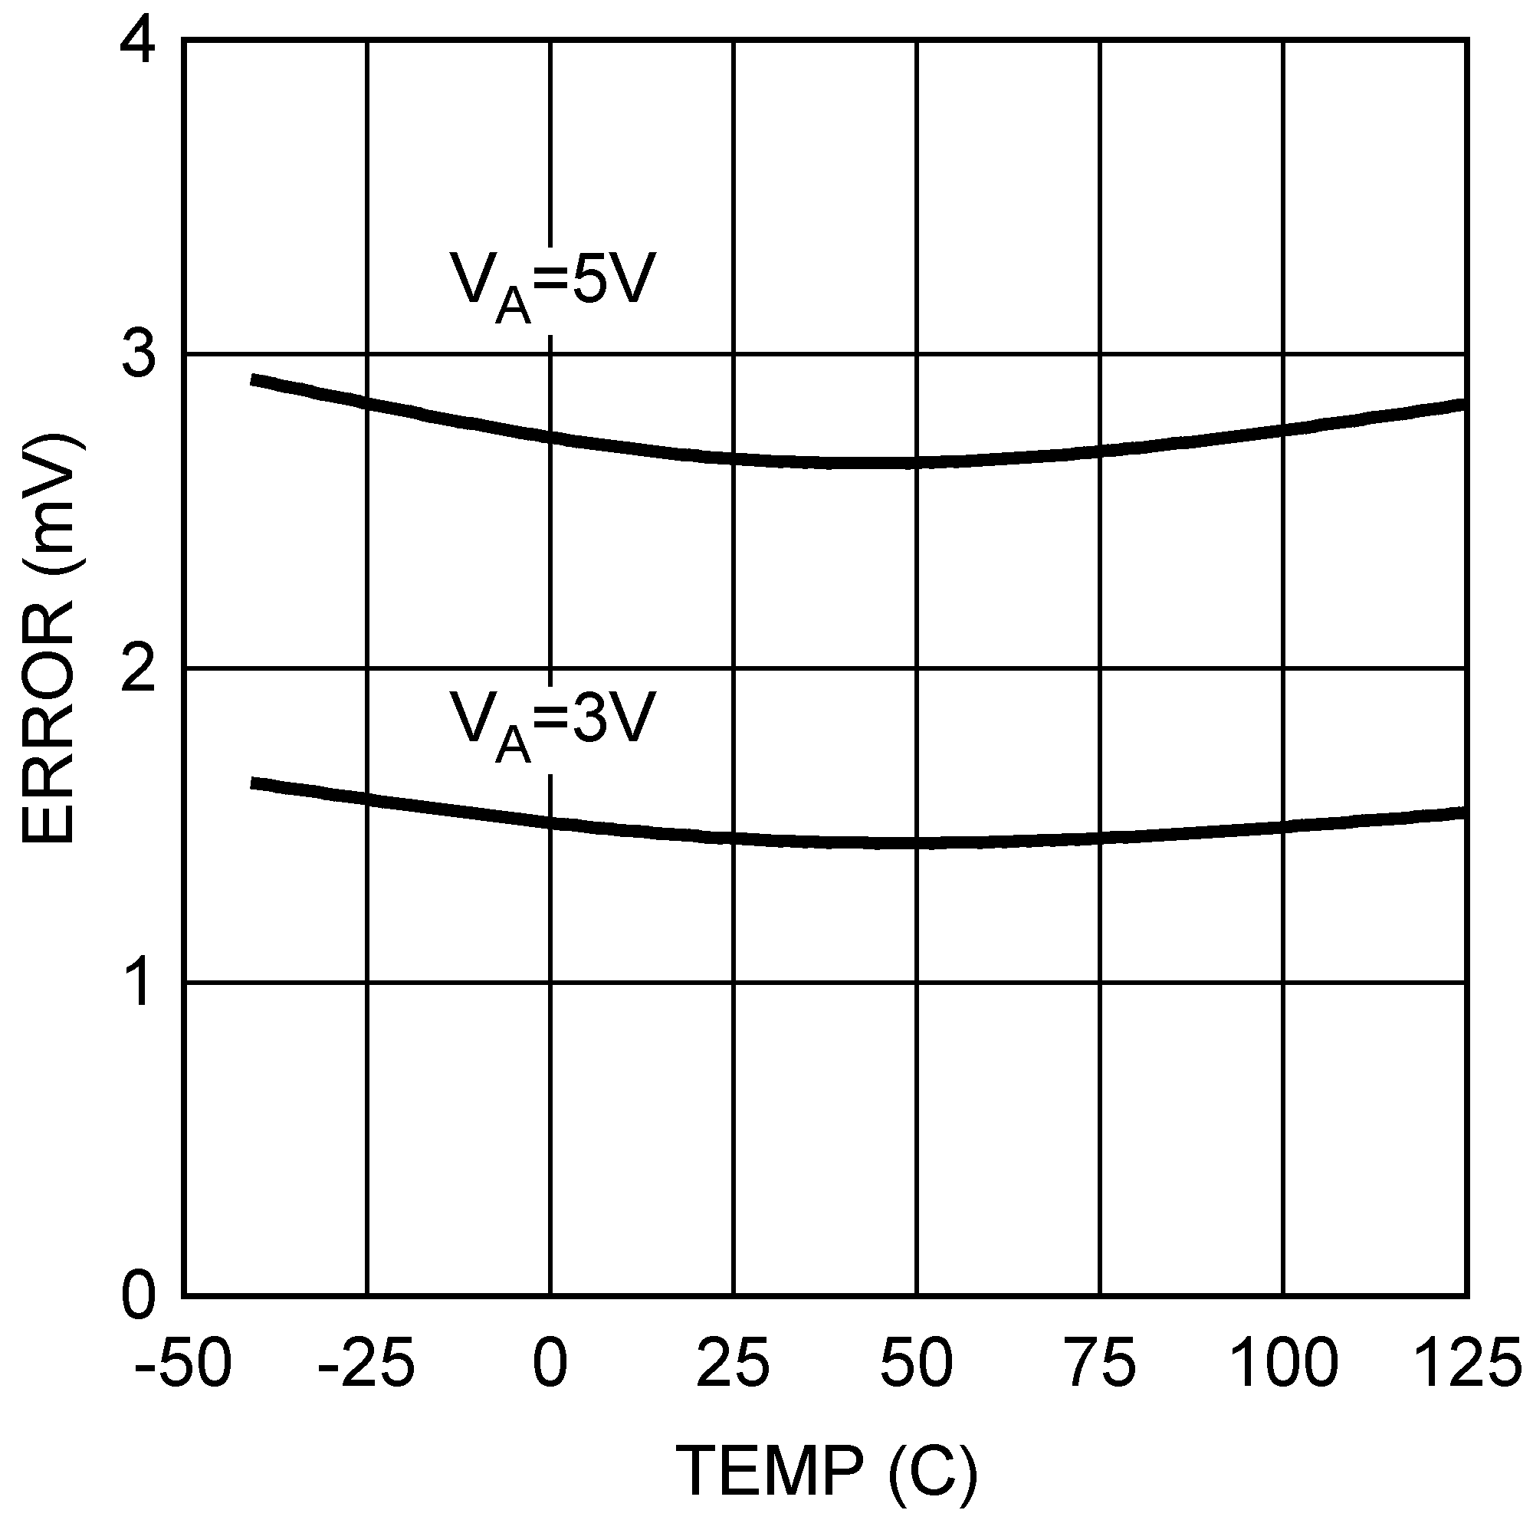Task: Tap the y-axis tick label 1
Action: pos(136,983)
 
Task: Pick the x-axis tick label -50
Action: pos(182,1361)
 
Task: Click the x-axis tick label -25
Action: pos(366,1361)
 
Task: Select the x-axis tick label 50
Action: pos(917,1361)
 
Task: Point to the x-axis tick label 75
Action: pos(1100,1361)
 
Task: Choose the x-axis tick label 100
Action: pos(1283,1361)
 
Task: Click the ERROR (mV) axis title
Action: pos(49,638)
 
